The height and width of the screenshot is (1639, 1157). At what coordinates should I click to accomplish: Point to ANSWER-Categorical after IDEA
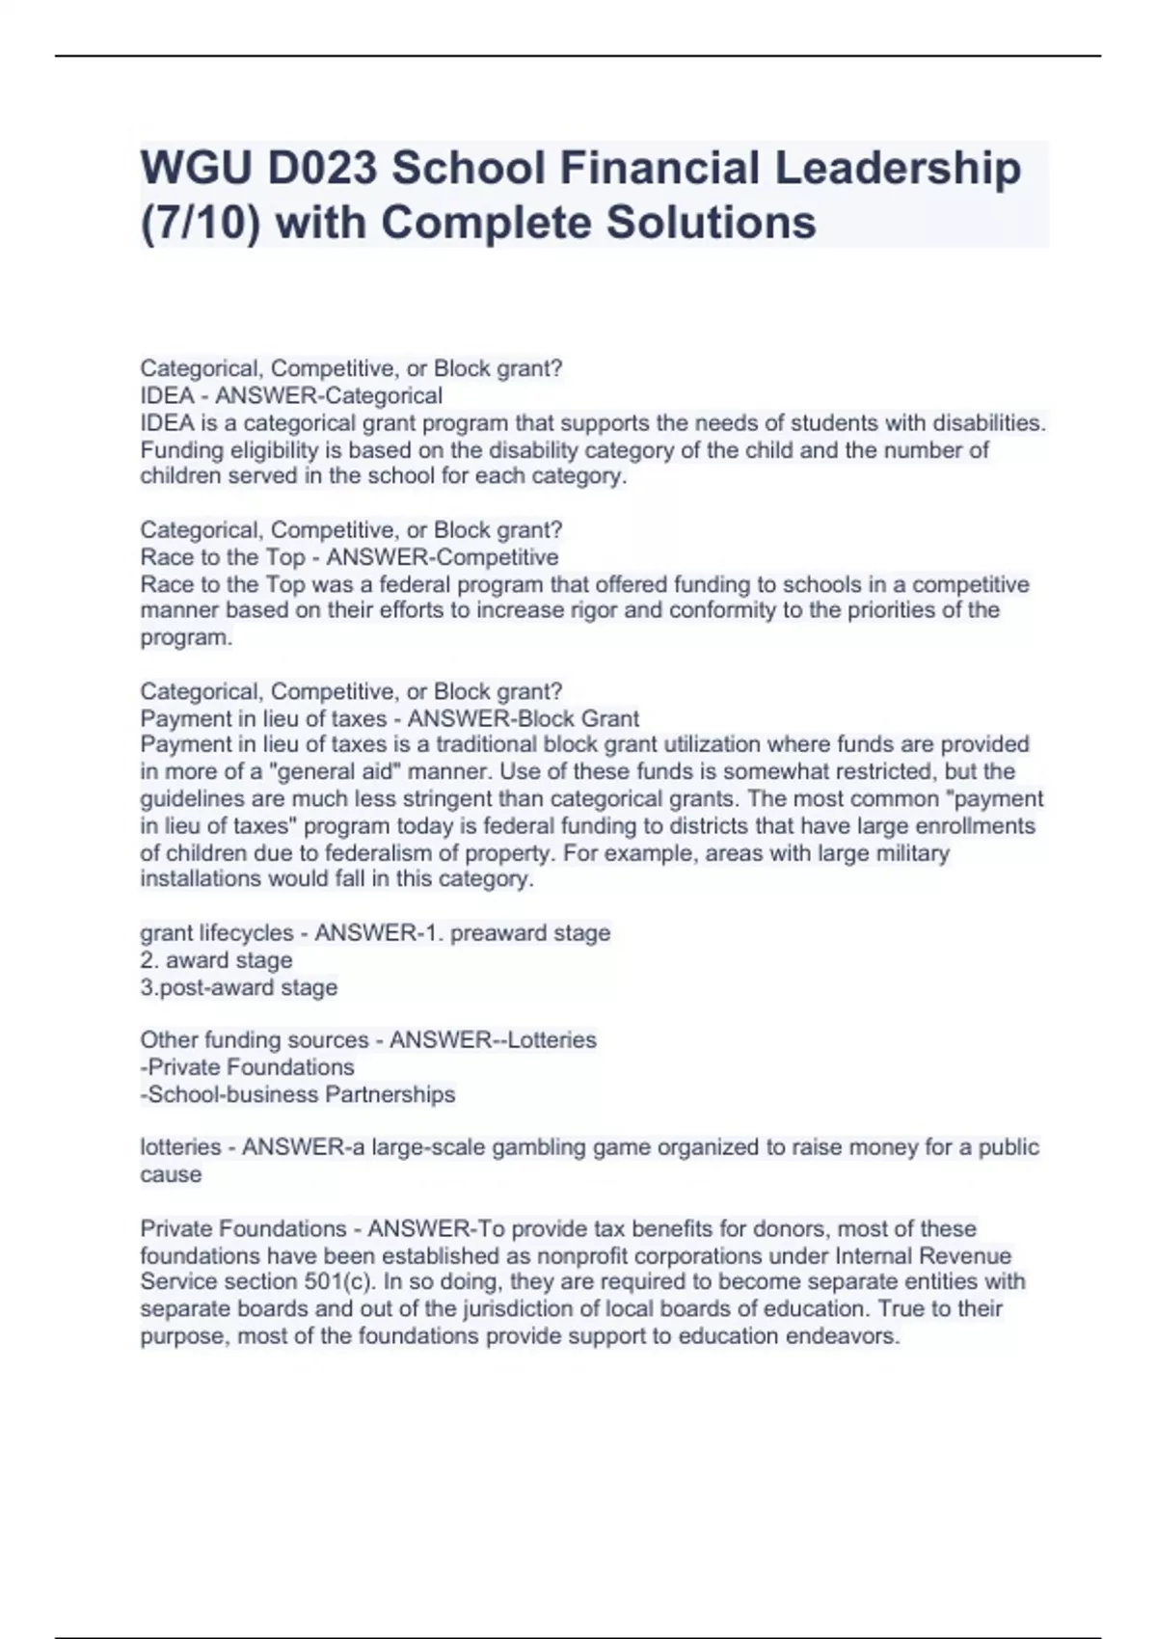tap(329, 395)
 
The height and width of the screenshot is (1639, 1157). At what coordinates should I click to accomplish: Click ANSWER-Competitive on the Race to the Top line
tap(443, 557)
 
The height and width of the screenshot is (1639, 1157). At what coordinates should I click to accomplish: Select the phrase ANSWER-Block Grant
tap(524, 718)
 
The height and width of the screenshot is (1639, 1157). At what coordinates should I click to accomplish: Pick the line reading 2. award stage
tap(216, 960)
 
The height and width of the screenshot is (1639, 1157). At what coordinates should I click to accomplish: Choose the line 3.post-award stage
tap(239, 987)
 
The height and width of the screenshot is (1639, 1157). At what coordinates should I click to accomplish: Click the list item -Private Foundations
tap(247, 1067)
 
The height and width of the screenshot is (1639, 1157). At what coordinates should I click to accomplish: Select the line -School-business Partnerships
tap(297, 1094)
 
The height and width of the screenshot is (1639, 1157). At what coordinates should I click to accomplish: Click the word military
tap(910, 853)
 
